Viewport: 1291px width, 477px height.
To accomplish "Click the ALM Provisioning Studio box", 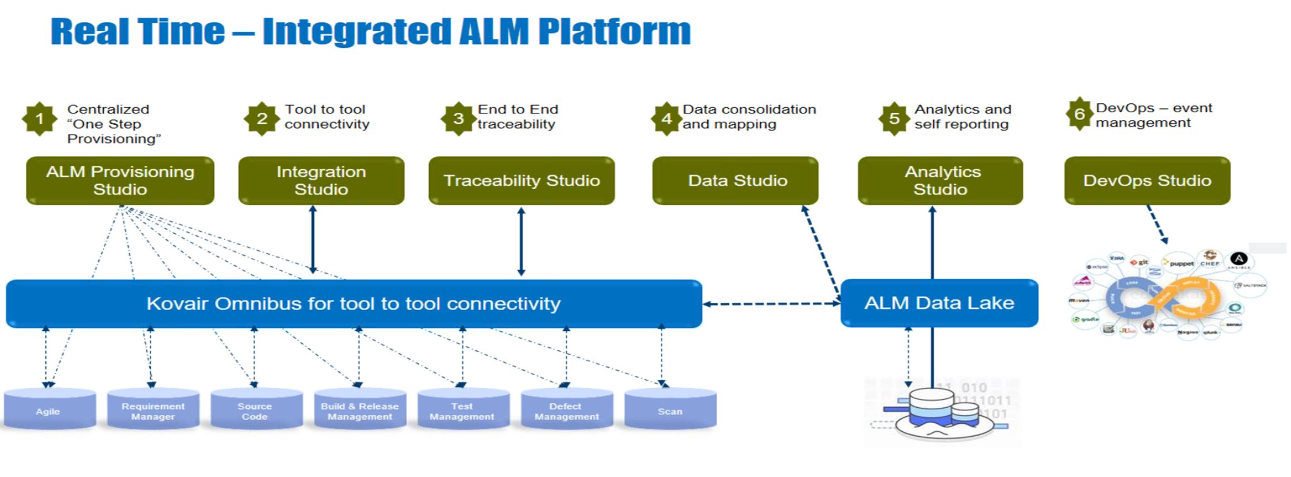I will pos(120,180).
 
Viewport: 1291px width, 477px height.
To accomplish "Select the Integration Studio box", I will pos(321,180).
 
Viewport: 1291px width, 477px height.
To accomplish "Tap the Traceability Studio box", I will pos(521,180).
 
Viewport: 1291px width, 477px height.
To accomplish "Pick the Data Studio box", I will pos(735,180).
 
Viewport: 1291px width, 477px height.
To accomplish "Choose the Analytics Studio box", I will pos(940,180).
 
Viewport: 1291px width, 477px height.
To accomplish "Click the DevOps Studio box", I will pos(1147,180).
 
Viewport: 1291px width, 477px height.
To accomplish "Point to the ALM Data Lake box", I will pos(939,303).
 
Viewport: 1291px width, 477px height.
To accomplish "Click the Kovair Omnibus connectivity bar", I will pos(353,303).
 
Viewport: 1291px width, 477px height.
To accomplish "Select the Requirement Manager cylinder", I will pos(153,409).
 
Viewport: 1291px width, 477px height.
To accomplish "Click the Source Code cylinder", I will pos(256,409).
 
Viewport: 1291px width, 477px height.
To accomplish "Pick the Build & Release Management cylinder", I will pos(360,409).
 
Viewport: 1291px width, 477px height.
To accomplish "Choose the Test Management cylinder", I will pos(463,409).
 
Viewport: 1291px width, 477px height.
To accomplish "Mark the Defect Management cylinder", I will pos(567,409).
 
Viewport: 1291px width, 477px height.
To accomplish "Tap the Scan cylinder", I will pos(670,409).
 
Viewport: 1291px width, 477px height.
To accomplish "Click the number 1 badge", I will pos(39,118).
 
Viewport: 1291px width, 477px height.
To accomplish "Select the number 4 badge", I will pos(666,118).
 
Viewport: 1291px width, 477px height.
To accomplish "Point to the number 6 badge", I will pos(1079,114).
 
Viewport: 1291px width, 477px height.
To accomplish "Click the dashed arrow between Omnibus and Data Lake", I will pos(771,304).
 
